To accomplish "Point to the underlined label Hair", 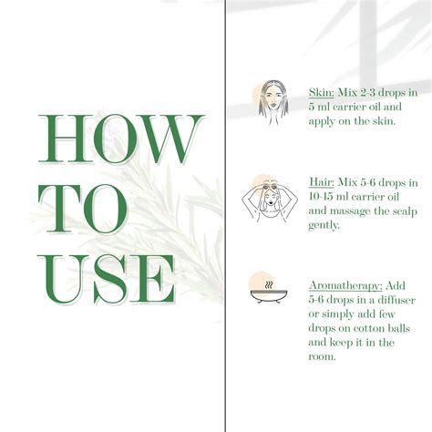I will (321, 182).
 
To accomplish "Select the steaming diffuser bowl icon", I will (264, 292).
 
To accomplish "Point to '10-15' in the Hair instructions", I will (322, 196).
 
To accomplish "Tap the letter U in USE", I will (65, 278).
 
